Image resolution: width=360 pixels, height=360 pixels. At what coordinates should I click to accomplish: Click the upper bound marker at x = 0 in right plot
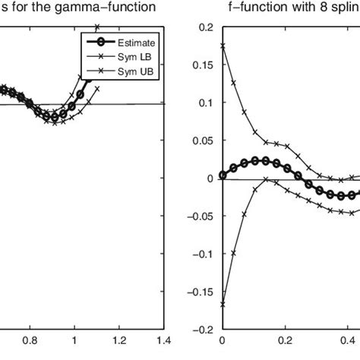[222, 46]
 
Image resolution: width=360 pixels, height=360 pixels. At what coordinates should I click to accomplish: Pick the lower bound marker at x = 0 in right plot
[222, 305]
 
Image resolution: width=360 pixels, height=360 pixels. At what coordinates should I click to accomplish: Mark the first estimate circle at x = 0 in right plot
[222, 175]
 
